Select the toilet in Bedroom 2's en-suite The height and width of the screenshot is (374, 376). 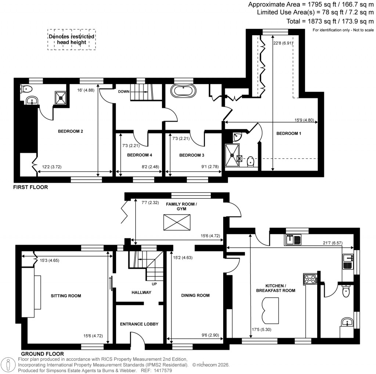[x=26, y=89]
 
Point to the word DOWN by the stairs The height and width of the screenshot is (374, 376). [x=123, y=91]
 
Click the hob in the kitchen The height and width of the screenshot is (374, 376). [x=311, y=279]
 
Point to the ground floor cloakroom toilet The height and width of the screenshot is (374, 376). [x=345, y=292]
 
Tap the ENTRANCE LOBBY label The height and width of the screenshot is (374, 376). [x=140, y=324]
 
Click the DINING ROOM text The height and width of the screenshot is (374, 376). [x=196, y=295]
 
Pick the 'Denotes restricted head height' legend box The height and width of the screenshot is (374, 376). [x=72, y=39]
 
